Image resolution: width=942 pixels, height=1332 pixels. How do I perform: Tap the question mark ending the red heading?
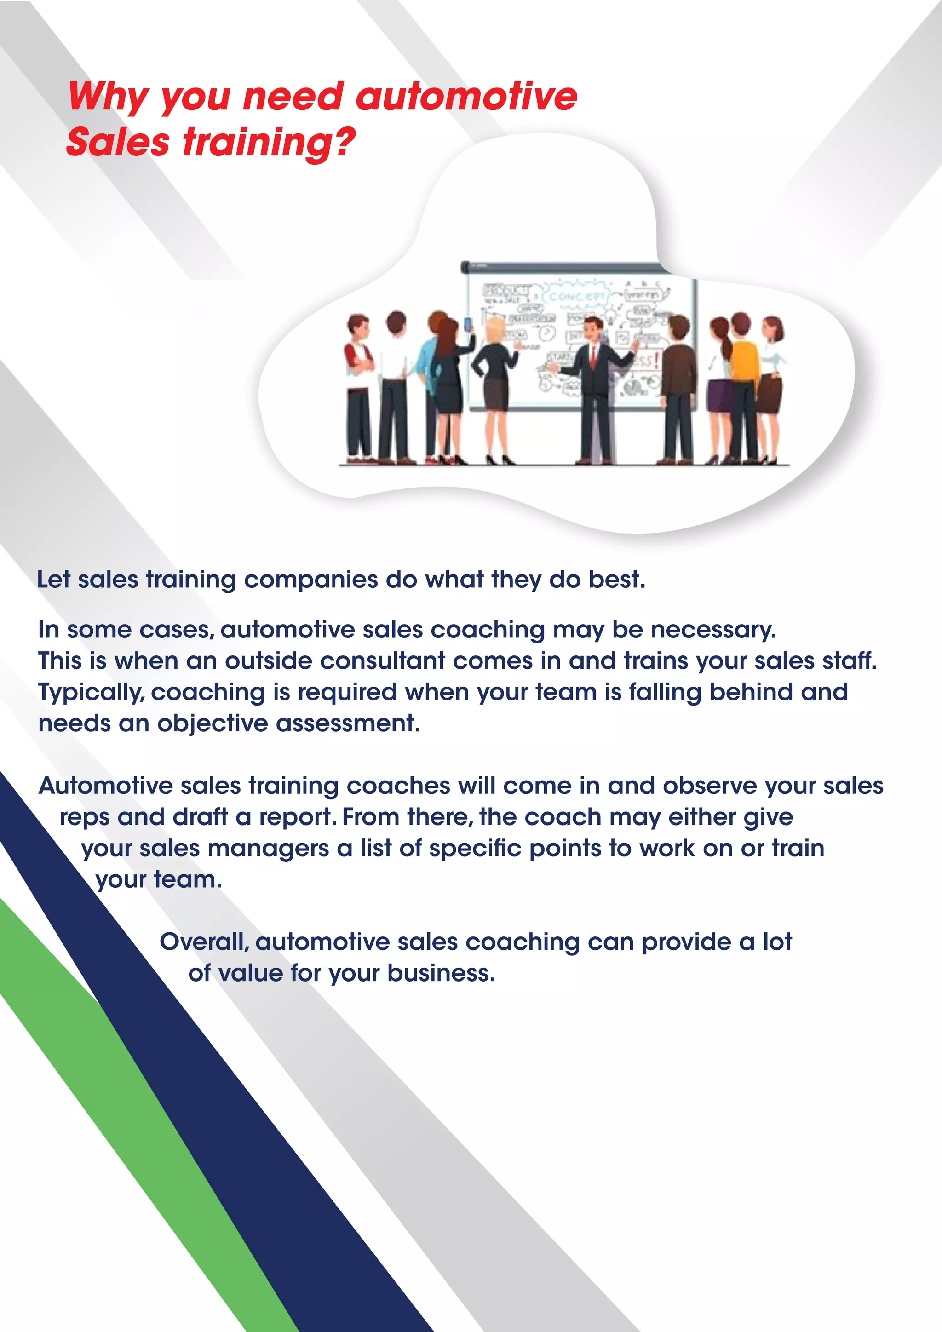344,142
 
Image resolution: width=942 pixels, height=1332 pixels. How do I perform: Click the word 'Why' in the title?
109,97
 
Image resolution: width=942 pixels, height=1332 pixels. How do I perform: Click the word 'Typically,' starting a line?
91,692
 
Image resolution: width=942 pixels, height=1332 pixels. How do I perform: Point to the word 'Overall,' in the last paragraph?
204,942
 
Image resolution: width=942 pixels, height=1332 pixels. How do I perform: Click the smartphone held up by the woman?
469,324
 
